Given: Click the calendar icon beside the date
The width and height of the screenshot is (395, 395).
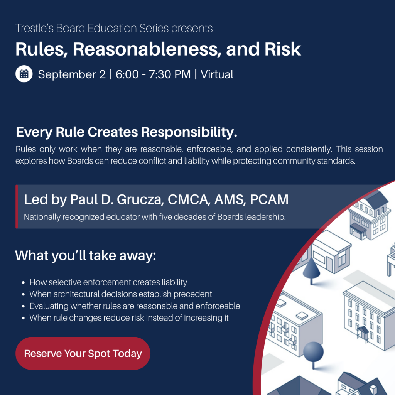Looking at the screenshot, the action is pos(24,74).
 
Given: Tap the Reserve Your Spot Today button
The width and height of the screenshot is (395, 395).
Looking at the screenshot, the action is pos(83,353).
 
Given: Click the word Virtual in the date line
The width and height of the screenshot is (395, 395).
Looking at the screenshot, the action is pos(217,74).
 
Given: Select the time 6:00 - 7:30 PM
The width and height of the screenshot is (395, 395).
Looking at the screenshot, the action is pos(153,74).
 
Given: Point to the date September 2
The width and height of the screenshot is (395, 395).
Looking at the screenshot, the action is pos(72,74).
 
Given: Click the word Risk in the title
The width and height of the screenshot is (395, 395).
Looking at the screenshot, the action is pos(283,49).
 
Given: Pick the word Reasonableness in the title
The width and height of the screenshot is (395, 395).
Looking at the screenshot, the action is pos(145,49).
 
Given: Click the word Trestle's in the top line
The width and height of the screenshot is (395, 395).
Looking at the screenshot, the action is pos(34,28).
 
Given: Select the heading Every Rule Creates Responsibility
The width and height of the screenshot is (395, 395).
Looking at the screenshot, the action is pos(127,132).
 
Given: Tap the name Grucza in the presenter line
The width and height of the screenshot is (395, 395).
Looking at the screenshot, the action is pos(140,199).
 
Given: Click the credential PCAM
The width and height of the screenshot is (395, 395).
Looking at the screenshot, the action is pos(269,199).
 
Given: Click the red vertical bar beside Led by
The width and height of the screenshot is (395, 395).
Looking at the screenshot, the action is pos(17,207).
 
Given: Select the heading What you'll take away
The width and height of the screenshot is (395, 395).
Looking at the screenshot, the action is pos(86,255).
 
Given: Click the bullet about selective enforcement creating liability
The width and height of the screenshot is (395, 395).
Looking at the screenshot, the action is pos(108,282).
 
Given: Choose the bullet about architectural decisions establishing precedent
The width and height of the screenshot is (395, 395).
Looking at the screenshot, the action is pos(121,294).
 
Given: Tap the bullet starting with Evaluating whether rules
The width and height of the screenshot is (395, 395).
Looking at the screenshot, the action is pos(135,306).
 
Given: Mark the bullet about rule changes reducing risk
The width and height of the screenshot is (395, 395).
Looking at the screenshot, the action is pos(129,318).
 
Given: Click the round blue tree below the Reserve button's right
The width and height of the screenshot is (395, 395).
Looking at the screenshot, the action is pos(313,353).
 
